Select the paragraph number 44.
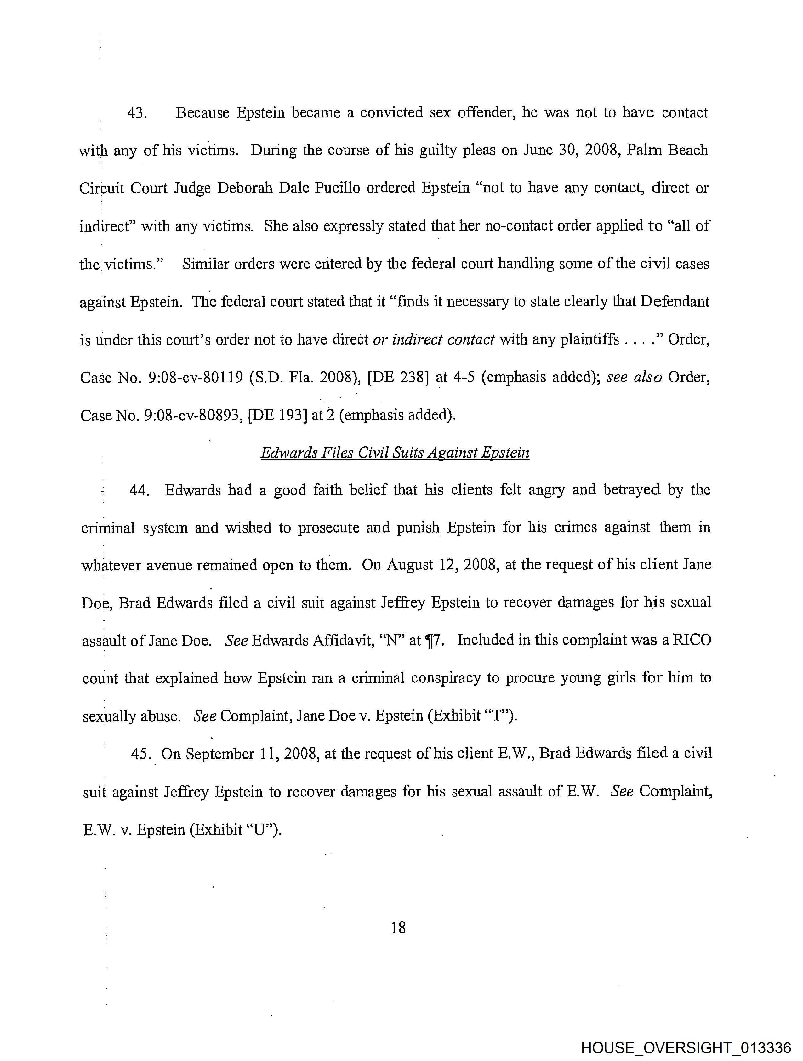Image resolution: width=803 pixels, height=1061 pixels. pyautogui.click(x=140, y=491)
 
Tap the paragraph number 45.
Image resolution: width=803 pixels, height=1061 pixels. pyautogui.click(x=140, y=754)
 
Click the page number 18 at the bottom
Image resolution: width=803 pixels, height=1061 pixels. pyautogui.click(x=398, y=928)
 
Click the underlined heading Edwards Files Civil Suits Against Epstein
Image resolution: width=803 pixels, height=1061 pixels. pyautogui.click(x=395, y=453)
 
